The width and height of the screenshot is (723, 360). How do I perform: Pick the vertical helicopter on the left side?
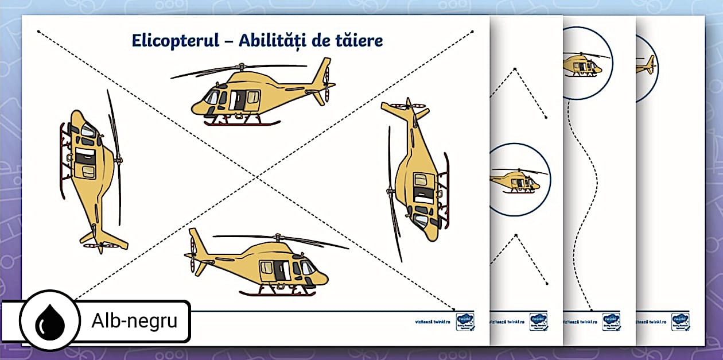92,172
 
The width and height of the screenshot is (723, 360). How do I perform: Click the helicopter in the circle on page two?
516,180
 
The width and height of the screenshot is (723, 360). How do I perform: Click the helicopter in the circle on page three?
582,64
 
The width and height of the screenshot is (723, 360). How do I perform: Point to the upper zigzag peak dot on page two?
515,69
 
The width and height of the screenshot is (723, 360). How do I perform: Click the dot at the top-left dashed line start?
39,32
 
